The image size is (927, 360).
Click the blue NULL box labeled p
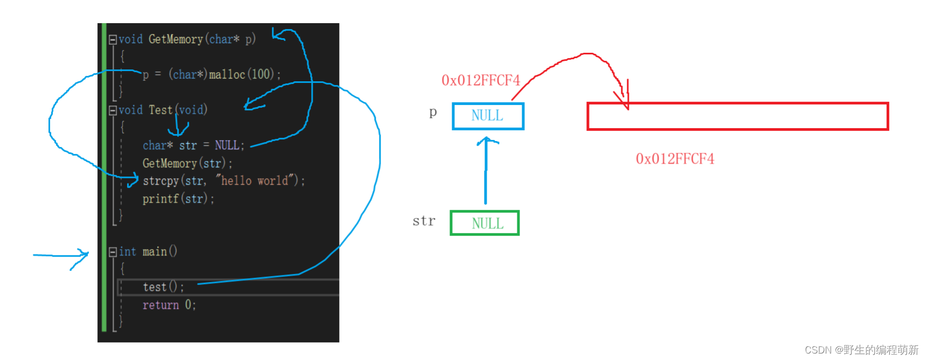(488, 116)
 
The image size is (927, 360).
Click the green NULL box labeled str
(484, 223)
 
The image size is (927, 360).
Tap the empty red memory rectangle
(737, 116)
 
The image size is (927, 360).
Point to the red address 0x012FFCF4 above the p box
(480, 81)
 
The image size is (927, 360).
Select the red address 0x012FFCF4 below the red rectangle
(675, 159)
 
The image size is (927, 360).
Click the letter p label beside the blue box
(433, 112)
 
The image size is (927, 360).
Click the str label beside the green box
(424, 221)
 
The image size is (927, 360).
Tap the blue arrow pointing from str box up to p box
(486, 170)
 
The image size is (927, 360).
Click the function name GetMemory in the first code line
(175, 39)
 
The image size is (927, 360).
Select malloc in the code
(227, 74)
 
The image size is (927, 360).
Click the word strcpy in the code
(160, 181)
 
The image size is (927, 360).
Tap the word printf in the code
(160, 199)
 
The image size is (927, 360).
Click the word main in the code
(154, 252)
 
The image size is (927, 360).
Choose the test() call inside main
(163, 287)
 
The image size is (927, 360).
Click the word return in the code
(160, 305)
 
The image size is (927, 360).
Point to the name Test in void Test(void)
(160, 110)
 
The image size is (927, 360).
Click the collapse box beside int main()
(113, 252)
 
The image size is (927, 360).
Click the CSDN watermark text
(861, 350)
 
